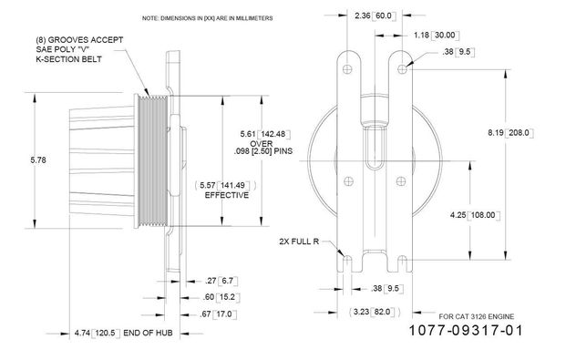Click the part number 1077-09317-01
[x=466, y=330]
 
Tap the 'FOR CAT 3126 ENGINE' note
[x=476, y=316]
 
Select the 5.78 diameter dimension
[x=38, y=160]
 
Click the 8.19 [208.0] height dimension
[x=510, y=133]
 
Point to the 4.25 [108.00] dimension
[x=475, y=215]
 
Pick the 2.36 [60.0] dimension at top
[x=375, y=15]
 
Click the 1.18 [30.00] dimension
[x=437, y=36]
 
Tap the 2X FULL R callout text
[x=299, y=242]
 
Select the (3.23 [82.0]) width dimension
[x=375, y=313]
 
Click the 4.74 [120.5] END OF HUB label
[x=123, y=334]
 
